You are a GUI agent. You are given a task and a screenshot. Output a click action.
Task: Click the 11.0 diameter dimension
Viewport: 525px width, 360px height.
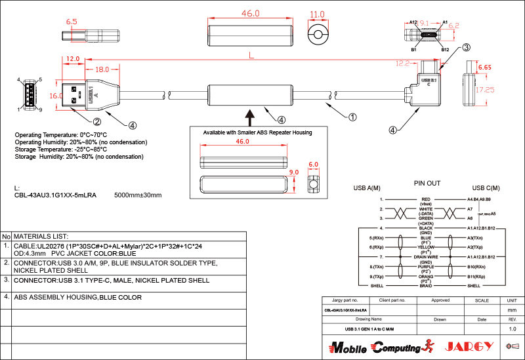click(x=317, y=14)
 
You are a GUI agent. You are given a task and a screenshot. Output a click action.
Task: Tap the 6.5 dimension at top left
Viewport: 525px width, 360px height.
click(x=72, y=22)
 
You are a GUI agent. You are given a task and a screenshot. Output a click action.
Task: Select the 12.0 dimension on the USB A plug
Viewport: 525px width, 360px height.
click(x=73, y=58)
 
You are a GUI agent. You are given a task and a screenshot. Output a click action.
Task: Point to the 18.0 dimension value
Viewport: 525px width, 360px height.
click(x=102, y=69)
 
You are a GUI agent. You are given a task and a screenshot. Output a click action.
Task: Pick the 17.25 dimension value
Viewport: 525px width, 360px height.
click(x=485, y=90)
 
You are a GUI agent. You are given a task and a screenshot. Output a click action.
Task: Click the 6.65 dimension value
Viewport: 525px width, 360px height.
click(x=485, y=68)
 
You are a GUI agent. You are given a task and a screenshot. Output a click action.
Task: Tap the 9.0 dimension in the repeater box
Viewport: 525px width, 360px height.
click(x=293, y=172)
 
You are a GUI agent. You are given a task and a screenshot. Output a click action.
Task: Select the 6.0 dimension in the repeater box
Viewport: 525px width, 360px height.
click(x=313, y=165)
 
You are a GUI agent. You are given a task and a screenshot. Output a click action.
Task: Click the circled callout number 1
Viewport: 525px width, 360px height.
click(x=352, y=117)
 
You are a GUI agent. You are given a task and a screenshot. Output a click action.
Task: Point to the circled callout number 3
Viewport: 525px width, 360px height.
click(x=466, y=47)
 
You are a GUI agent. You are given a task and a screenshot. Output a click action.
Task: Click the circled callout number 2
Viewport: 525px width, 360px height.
click(x=96, y=121)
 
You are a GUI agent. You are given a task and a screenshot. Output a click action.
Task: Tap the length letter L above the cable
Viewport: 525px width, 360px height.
click(x=251, y=56)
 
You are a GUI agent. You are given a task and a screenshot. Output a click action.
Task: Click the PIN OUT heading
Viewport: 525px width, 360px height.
click(x=427, y=183)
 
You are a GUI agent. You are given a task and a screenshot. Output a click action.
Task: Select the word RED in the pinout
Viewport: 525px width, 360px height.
click(x=426, y=199)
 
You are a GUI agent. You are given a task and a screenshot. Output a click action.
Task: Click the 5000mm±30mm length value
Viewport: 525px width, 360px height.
click(x=138, y=195)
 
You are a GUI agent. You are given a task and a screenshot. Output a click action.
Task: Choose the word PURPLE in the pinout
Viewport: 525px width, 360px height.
click(x=426, y=267)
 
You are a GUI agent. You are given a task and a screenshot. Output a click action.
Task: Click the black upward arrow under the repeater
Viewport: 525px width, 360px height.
click(x=250, y=117)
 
